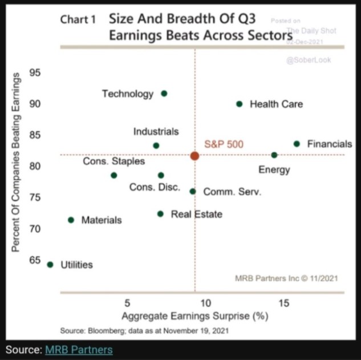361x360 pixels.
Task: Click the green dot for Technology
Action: coord(164,93)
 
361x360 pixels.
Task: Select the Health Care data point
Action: coord(239,104)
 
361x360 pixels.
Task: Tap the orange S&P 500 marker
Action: coord(194,156)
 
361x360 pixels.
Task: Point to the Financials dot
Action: coord(297,144)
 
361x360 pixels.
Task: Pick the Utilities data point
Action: coord(50,264)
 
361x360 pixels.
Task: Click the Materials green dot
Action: coord(71,220)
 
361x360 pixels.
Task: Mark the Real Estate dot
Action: coord(160,214)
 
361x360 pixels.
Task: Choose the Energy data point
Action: coord(274,155)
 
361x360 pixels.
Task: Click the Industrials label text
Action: coord(156,131)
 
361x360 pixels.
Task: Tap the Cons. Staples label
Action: coord(113,161)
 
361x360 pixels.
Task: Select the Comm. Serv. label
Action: coord(232,192)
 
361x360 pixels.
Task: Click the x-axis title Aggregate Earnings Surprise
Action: coord(195,316)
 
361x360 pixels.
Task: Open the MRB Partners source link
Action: coord(79,349)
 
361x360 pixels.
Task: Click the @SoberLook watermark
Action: coord(309,60)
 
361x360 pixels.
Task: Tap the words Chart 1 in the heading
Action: coord(79,19)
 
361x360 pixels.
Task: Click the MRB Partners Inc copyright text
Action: coord(286,278)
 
